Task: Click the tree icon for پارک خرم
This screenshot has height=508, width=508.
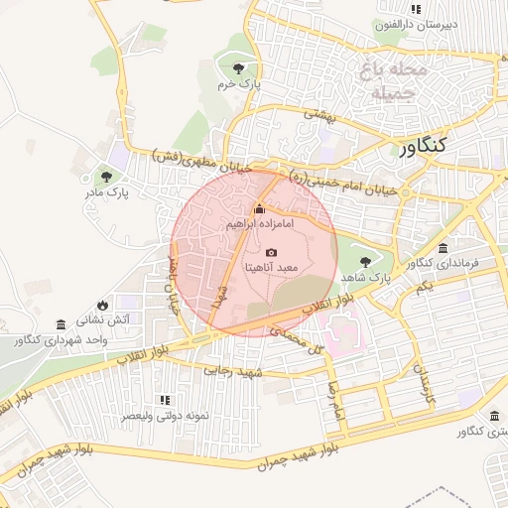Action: pos(237,68)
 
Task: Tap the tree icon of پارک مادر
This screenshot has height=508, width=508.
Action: pos(106,176)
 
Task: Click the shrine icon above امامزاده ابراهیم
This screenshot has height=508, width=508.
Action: pos(260,208)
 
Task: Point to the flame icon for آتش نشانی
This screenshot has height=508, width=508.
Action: pos(101,306)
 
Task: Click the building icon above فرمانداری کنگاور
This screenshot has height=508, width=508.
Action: pos(443,247)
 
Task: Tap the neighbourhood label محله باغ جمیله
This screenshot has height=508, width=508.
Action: pos(397,82)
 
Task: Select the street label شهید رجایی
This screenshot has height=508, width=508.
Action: pos(230,370)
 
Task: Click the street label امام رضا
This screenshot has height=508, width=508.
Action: pos(334,399)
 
